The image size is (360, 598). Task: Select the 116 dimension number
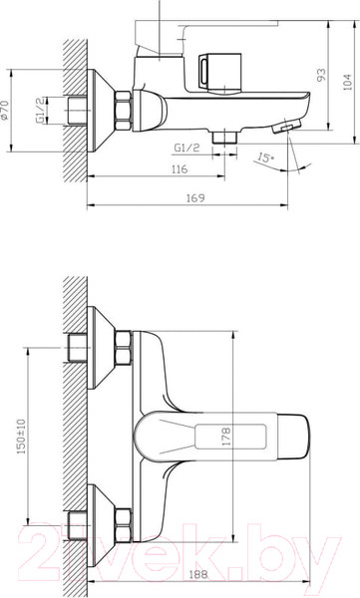(180, 171)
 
